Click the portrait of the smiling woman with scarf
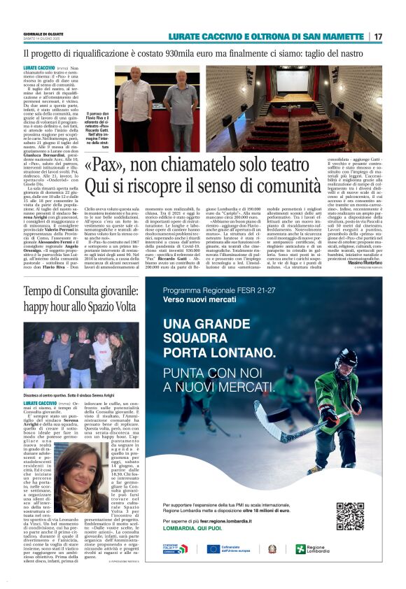pos(78,471)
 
